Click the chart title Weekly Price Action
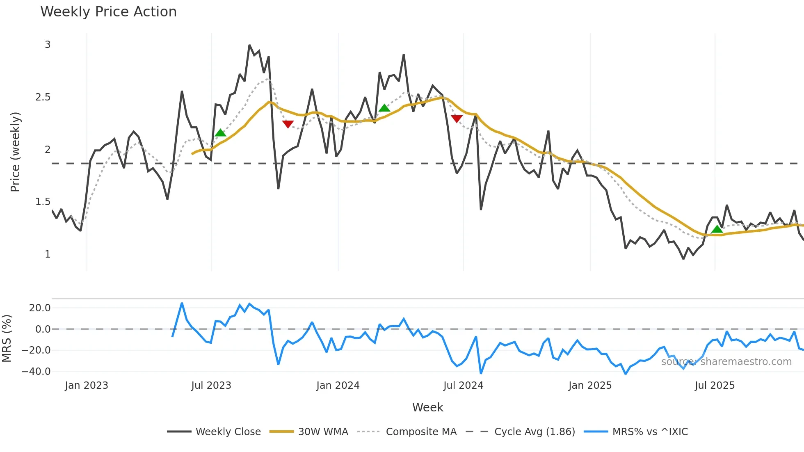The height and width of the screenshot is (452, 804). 108,12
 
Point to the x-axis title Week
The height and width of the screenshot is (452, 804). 427,407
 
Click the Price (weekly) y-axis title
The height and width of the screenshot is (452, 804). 15,152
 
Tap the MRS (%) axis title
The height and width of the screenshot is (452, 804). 7,338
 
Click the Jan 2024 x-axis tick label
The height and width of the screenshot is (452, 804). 338,386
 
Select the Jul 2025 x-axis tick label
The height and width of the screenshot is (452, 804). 715,386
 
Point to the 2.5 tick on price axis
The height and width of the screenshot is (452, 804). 43,97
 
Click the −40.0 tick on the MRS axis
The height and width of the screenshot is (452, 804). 36,372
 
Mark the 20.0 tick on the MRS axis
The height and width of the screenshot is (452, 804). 40,308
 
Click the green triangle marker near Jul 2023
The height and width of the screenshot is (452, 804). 220,133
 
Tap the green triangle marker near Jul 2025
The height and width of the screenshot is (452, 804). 717,229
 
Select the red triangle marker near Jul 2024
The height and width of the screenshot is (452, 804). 457,119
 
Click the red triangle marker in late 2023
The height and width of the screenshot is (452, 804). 288,124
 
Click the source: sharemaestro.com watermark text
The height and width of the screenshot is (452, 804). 726,362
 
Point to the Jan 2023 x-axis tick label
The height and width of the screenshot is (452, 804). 87,386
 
